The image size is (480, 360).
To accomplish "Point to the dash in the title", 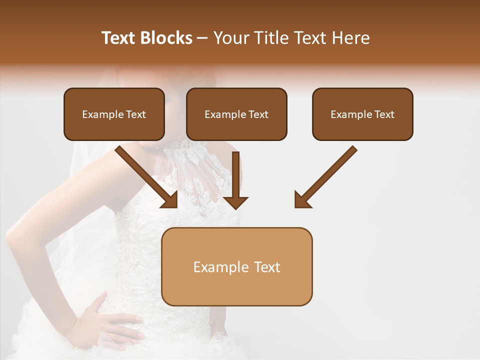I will pos(202,38).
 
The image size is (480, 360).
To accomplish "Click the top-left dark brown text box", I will pos(114,114).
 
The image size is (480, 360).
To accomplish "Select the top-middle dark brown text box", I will pos(236,114).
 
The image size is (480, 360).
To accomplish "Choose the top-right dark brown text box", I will pos(362,114).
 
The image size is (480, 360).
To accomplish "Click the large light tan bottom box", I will pos(237,266).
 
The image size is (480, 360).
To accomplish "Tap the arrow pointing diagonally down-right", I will pos(147,177).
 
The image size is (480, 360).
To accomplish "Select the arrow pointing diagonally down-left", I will pos(325,177).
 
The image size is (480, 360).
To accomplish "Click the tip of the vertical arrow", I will pos(235,207).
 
